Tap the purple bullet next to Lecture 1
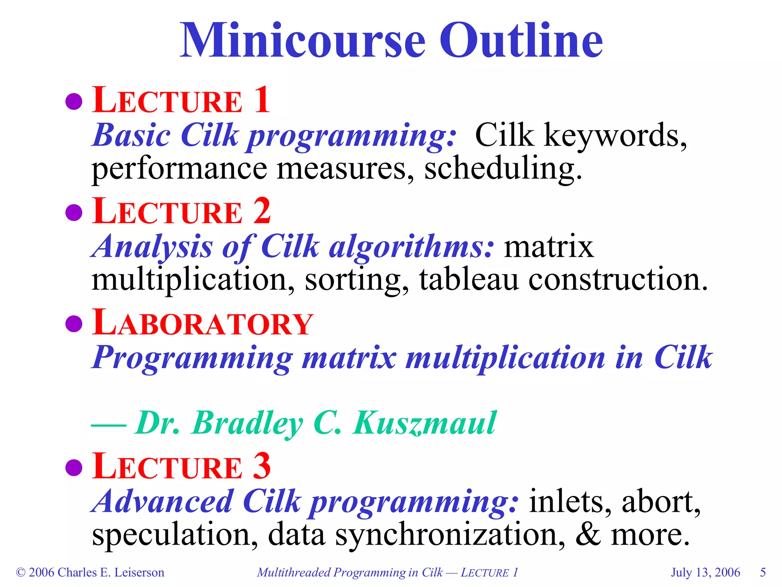[x=74, y=101]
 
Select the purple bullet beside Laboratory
[x=74, y=324]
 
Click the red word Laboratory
[x=202, y=324]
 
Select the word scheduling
[x=503, y=169]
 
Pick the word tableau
[x=469, y=280]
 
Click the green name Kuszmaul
[x=425, y=423]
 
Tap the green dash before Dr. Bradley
[x=109, y=425]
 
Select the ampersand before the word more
[x=588, y=535]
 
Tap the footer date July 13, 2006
[x=705, y=572]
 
